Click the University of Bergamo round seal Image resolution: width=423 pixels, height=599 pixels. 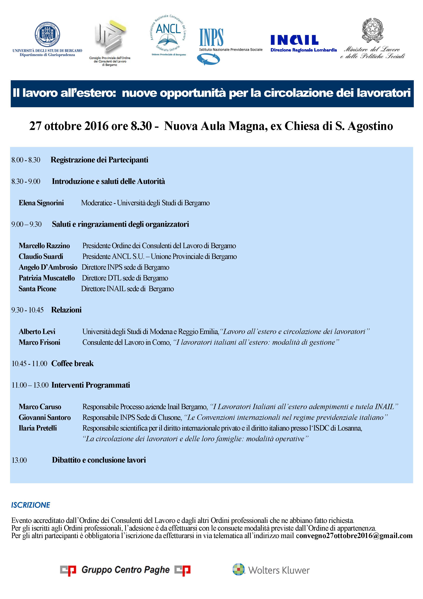pyautogui.click(x=47, y=34)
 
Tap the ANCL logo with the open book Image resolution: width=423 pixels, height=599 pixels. pyautogui.click(x=168, y=34)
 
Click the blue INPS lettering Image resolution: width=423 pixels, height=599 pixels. pyautogui.click(x=211, y=37)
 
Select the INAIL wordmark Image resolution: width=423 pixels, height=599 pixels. pyautogui.click(x=294, y=40)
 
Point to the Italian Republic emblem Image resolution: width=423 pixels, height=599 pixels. pyautogui.click(x=373, y=29)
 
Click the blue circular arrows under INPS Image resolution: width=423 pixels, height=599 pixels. pyautogui.click(x=208, y=59)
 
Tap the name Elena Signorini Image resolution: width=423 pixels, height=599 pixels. pyautogui.click(x=41, y=203)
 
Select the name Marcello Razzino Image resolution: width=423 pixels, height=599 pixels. pyautogui.click(x=44, y=246)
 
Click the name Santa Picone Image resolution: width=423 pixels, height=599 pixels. pyautogui.click(x=38, y=289)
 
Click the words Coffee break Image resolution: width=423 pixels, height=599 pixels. pyautogui.click(x=72, y=363)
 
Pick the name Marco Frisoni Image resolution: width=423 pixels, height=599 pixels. pyautogui.click(x=39, y=342)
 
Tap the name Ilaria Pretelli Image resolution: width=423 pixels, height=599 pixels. pyautogui.click(x=38, y=428)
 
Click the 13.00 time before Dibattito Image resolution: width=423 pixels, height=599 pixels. pyautogui.click(x=19, y=460)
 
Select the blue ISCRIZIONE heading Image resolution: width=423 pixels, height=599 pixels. pyautogui.click(x=31, y=505)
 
